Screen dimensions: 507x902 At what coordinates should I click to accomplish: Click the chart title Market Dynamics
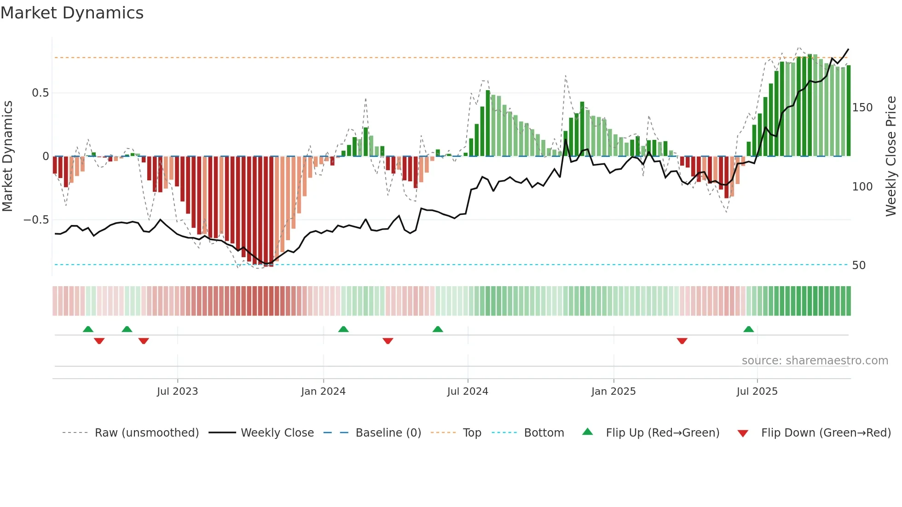point(72,13)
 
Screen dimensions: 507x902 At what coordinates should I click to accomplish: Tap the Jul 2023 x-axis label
point(177,392)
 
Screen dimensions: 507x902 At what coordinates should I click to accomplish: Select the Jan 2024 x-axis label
point(323,392)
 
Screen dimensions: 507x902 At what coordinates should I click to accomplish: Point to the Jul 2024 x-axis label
point(468,392)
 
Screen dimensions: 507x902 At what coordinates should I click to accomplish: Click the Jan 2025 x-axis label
point(613,392)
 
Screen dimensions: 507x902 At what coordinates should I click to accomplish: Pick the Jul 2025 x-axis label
point(757,392)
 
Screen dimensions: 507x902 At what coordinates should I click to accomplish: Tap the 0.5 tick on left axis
point(40,93)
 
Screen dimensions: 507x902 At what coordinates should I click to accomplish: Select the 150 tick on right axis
point(862,108)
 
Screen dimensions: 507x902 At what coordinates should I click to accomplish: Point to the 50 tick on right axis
point(859,265)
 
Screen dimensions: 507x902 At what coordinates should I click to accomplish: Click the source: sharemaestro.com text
point(815,361)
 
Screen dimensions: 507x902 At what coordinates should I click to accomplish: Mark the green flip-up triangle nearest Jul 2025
point(749,329)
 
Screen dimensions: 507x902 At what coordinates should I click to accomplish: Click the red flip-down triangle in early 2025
point(682,341)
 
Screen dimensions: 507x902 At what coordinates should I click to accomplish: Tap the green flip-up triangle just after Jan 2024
point(343,329)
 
